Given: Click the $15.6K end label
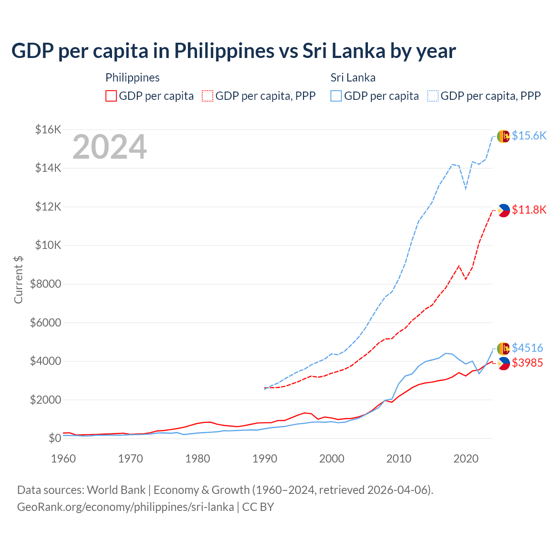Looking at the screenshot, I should [529, 136].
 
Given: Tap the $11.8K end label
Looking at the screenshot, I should [529, 210].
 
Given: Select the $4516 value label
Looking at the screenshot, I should [527, 348].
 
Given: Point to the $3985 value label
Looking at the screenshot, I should [527, 363].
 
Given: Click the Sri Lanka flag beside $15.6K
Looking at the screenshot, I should [504, 136].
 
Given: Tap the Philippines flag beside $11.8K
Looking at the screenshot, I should [504, 211].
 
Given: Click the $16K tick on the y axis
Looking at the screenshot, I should [48, 129].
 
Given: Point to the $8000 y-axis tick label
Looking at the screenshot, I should [45, 284].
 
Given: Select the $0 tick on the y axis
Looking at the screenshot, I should [54, 438].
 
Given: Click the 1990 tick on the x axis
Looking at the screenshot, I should [265, 459].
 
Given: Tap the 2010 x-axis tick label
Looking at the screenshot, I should [399, 459].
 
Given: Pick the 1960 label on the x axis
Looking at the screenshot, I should [64, 459].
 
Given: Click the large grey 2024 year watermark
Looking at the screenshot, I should [109, 147].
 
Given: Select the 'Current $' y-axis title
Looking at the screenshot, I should [18, 279].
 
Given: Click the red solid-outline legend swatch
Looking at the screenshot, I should [111, 96].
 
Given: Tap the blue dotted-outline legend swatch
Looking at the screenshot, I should [433, 96].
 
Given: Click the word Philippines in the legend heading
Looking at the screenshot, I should [133, 78].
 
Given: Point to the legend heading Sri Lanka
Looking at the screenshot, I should [353, 78].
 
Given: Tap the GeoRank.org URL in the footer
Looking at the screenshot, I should [126, 507].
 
